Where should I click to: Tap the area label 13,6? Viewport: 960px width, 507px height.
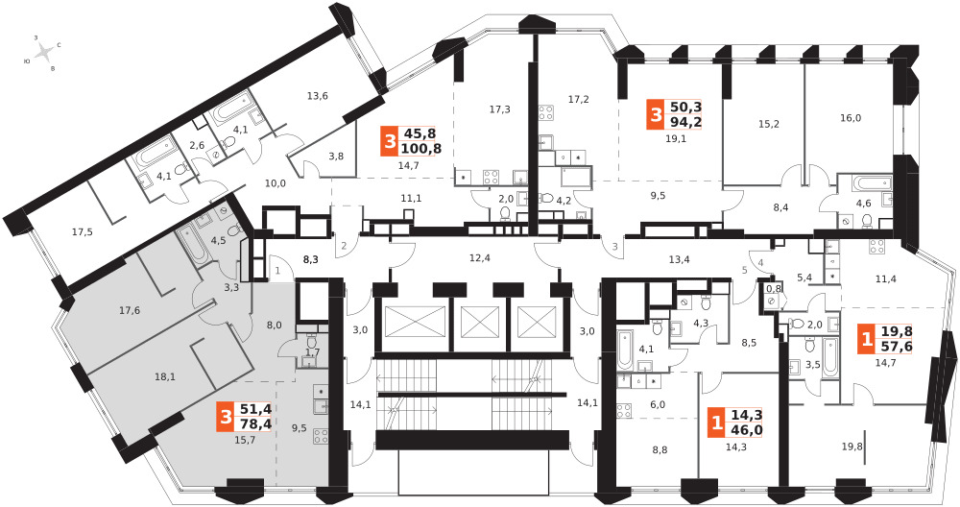tap(317, 95)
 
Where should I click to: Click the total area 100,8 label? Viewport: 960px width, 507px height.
tap(421, 148)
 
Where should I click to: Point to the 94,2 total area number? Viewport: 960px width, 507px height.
tap(686, 121)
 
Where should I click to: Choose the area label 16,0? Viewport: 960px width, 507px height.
tap(851, 118)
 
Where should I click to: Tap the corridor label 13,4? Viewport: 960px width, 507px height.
tap(679, 258)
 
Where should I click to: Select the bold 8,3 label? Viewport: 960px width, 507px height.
tap(310, 259)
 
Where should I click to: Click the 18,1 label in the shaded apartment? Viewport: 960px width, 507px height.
tap(165, 376)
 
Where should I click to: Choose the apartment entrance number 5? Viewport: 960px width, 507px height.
tap(744, 272)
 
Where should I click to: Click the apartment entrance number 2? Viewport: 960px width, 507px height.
tap(341, 247)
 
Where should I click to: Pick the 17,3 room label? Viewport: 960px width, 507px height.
tap(499, 109)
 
